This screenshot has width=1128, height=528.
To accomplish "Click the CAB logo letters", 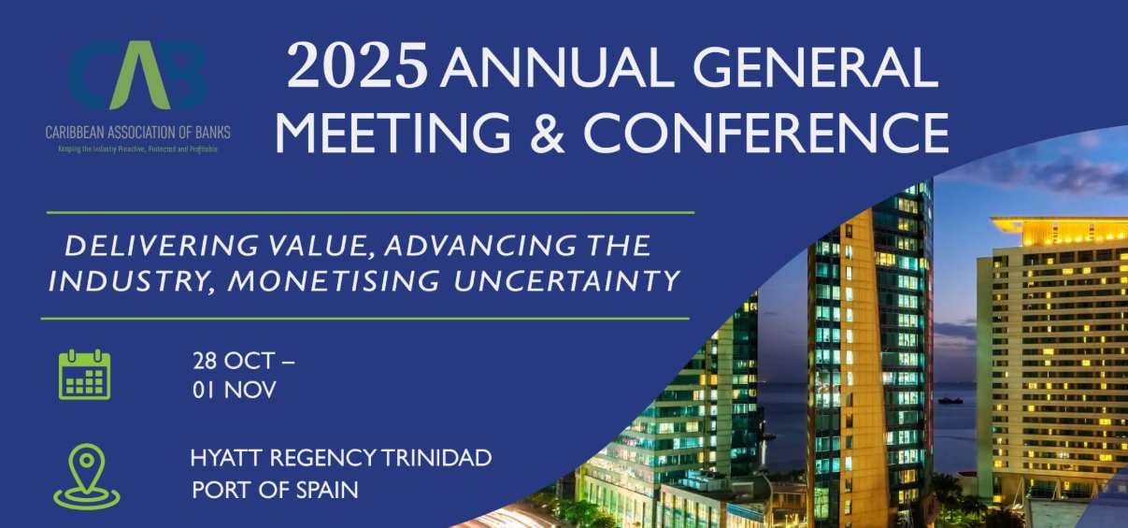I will click(x=136, y=78).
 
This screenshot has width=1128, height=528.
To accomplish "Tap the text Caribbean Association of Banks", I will click(x=137, y=133).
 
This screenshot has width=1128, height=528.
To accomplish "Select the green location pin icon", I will click(x=86, y=476).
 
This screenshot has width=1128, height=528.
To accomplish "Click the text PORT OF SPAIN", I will click(x=275, y=489).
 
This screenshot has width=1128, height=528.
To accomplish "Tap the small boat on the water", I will click(x=951, y=400).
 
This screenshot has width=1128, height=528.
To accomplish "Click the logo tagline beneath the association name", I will click(x=137, y=149).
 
